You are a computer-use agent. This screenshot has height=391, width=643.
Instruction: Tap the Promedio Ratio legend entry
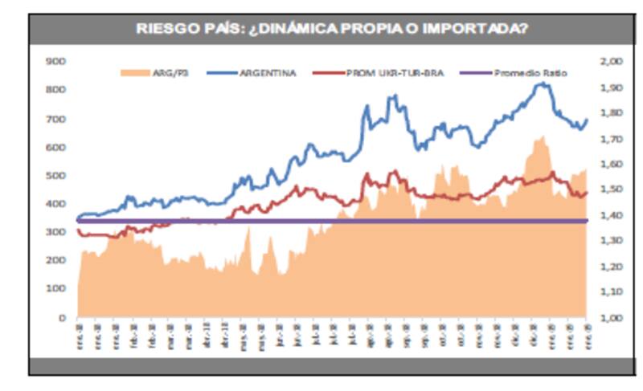(x=526, y=73)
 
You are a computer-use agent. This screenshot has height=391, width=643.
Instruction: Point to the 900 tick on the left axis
(x=55, y=61)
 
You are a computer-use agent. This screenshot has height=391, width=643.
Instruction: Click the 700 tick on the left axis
(x=55, y=119)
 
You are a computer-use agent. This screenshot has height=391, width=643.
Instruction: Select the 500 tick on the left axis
(x=55, y=176)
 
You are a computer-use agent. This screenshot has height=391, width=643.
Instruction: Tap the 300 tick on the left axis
(x=55, y=233)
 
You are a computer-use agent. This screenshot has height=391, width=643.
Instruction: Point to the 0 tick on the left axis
(x=60, y=318)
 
